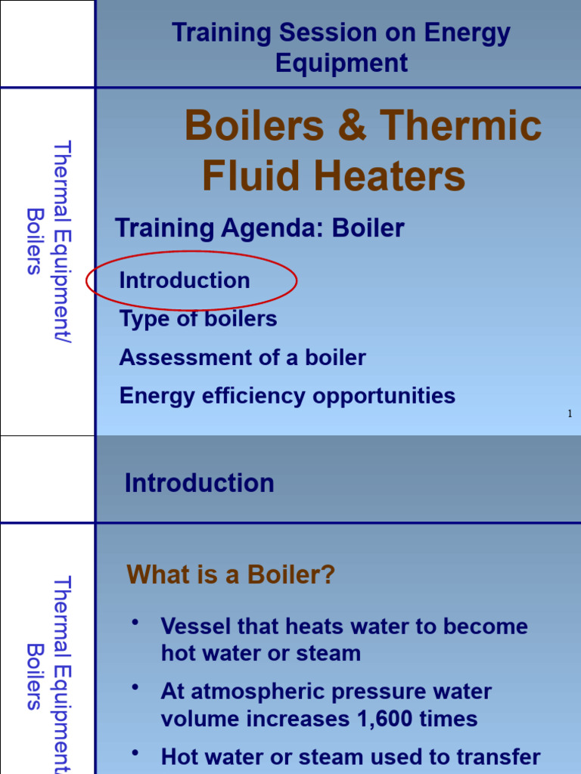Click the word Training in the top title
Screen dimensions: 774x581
[222, 33]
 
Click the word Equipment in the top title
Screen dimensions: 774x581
[341, 63]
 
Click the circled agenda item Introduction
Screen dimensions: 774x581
[185, 280]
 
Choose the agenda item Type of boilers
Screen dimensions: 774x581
[198, 319]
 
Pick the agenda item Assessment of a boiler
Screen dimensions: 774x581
[242, 358]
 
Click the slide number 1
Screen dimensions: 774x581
[569, 413]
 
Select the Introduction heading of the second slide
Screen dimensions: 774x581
[199, 483]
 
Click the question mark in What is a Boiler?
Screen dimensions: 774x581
[327, 575]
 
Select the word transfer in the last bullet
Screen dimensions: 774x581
[503, 757]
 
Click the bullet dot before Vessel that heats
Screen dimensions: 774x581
[135, 621]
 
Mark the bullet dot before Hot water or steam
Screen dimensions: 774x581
[135, 752]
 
